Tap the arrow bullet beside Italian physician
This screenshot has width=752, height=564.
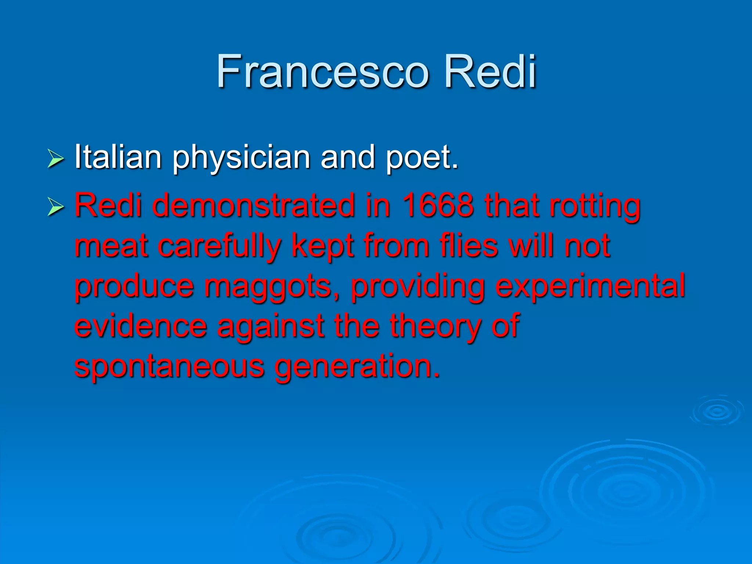click(56, 159)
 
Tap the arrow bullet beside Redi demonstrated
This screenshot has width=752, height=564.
click(56, 206)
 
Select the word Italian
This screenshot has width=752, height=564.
click(118, 157)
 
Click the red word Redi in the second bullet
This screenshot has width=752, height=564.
click(108, 206)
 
